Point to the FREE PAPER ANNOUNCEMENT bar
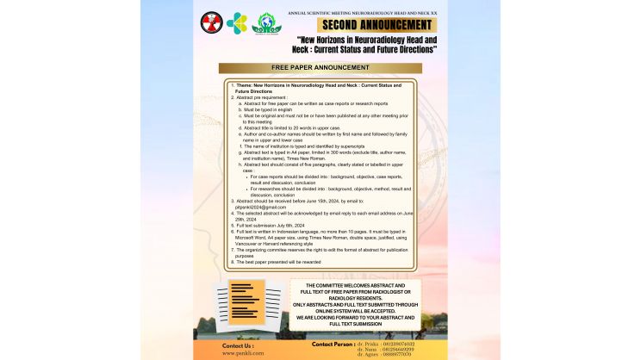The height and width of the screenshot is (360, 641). [x=320, y=68]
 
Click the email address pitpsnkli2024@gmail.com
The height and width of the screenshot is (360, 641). [x=258, y=207]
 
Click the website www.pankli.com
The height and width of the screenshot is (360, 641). [x=242, y=353]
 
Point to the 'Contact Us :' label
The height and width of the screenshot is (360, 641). [x=238, y=344]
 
